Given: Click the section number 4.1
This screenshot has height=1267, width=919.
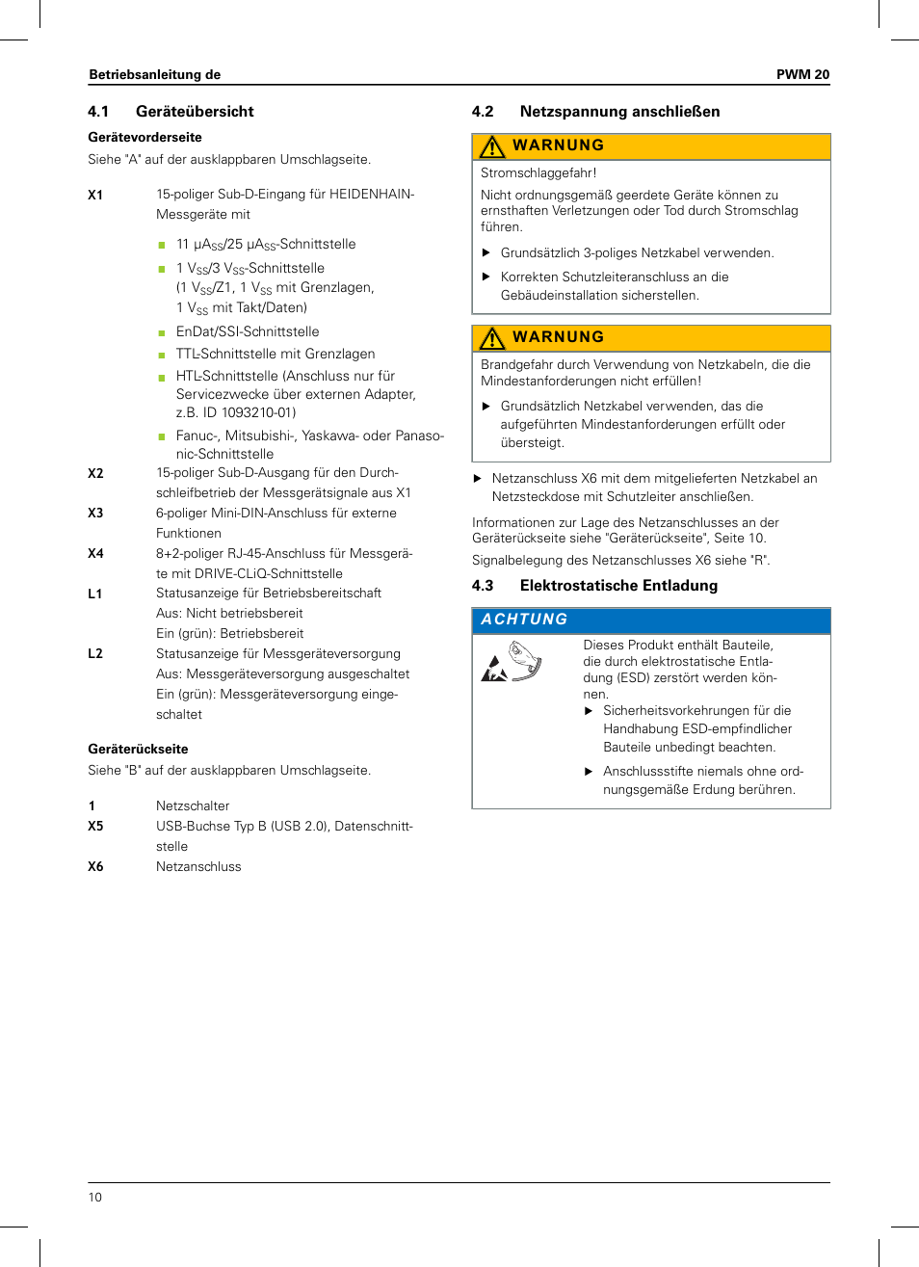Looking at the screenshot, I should point(98,112).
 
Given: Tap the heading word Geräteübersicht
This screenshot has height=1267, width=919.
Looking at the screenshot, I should point(195,112).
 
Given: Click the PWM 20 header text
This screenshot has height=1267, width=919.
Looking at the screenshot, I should point(802,74).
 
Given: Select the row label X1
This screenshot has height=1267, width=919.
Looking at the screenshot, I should point(95,195).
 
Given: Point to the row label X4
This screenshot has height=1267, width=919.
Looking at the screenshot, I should point(95,554).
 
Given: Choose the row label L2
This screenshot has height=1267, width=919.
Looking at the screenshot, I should point(95,654).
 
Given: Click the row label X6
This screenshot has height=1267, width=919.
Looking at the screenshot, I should point(95,867).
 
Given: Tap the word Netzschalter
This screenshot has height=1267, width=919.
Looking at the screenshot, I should point(193,806).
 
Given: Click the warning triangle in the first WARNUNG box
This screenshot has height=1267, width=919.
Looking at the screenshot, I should point(492,146).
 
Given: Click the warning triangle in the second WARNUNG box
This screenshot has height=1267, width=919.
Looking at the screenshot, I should point(492,338).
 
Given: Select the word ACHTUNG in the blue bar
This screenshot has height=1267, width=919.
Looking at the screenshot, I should point(524,620).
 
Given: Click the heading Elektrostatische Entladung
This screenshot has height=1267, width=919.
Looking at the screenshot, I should point(618,586).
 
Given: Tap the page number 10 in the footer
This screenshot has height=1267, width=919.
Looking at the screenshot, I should point(95,1198).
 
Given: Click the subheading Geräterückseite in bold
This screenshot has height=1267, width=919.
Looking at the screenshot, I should point(138,750).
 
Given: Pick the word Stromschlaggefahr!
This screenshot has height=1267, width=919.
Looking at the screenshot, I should point(538,173).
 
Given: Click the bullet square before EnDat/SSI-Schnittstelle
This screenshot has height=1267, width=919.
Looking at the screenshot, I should point(162,333).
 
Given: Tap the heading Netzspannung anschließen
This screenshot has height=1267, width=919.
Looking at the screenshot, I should point(619,112).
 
